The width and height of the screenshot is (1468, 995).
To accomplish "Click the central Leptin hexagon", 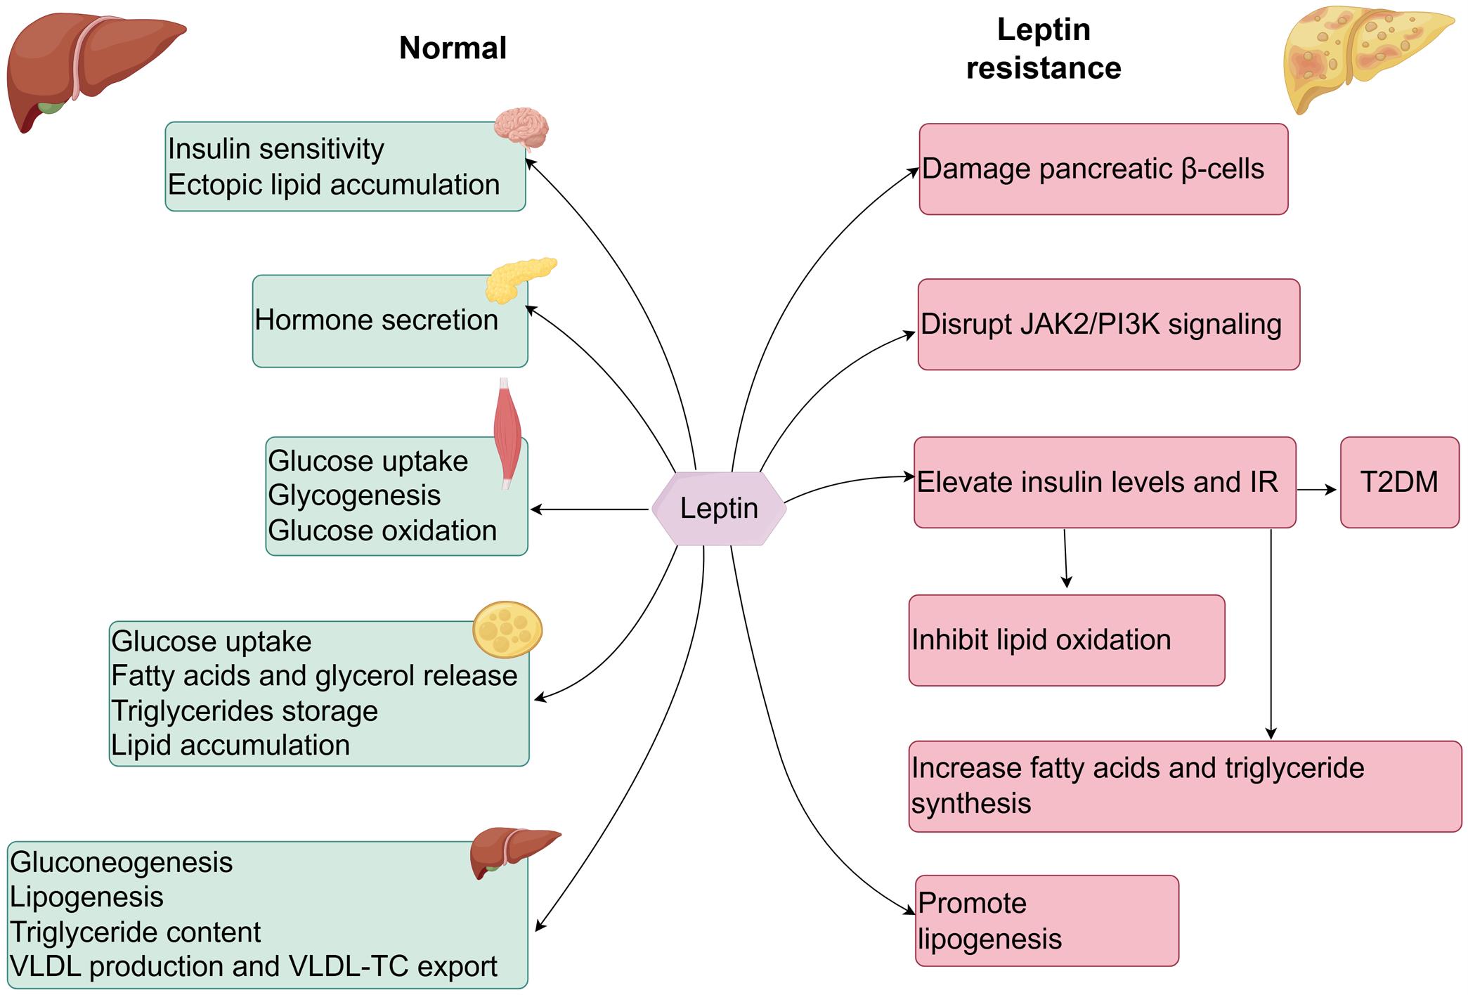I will point(718,508).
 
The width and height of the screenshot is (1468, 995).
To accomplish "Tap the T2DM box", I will point(1398,482).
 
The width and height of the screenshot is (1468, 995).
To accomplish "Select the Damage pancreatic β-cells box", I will point(1103,169).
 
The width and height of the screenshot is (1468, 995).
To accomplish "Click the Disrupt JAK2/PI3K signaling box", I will point(1108,325).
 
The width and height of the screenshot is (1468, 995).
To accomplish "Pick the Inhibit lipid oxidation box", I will point(1065,640).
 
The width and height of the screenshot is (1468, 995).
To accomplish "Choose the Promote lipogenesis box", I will point(1046,921).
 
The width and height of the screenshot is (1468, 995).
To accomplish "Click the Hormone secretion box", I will point(389,321).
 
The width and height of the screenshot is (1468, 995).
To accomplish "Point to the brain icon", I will point(521,129).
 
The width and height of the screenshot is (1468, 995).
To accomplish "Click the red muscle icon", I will point(507,432).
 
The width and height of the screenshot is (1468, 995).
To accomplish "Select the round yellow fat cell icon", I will point(507,629).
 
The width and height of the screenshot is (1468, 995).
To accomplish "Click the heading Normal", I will point(453,48).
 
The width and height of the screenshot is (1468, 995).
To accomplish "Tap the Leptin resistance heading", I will point(1044,49).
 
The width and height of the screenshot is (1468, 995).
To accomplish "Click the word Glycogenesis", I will point(354,495).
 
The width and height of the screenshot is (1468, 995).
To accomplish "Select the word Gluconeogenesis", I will point(121,862).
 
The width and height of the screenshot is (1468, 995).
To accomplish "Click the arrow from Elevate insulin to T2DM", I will point(1316,490).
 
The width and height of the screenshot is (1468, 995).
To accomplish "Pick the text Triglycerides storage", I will point(245,710).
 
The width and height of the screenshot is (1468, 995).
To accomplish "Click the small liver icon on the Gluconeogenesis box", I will point(514,852).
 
